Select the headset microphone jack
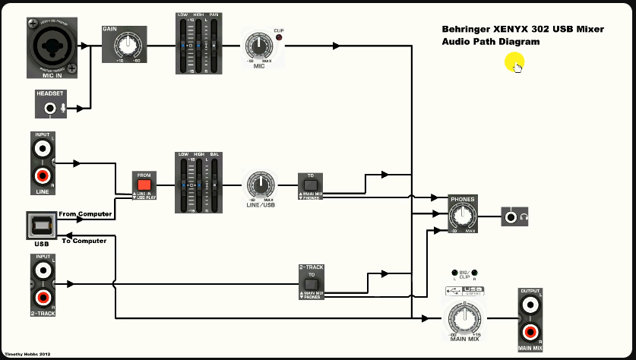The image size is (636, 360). tap(52, 109)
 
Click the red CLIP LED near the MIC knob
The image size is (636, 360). tap(279, 38)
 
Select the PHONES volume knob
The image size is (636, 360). tap(463, 216)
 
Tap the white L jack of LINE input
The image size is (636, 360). tap(42, 148)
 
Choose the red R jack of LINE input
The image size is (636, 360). tap(42, 178)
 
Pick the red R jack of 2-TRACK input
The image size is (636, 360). tap(42, 298)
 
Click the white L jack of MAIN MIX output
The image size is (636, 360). tap(530, 305)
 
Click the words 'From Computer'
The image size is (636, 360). tap(85, 214)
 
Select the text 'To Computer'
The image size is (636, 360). tap(84, 241)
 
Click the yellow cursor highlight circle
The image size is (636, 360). tap(514, 63)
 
